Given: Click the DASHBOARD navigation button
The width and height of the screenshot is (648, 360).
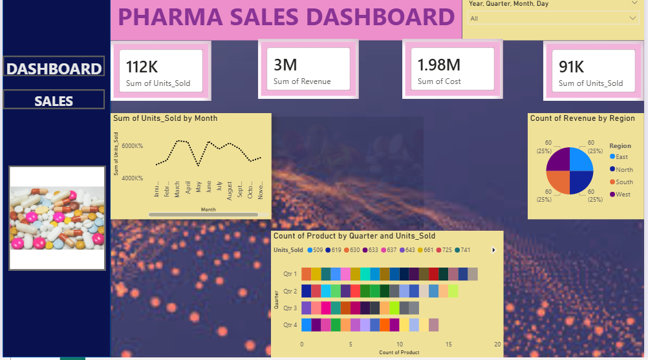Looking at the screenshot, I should click(54, 69).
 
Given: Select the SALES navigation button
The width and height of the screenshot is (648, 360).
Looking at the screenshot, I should click(54, 101).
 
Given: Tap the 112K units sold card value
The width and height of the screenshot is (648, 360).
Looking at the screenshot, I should click(142, 67).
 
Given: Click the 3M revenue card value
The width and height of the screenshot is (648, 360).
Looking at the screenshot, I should click(285, 65).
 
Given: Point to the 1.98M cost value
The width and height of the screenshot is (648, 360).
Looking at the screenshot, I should click(438, 65).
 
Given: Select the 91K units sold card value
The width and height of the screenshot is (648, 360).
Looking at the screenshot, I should click(572, 67).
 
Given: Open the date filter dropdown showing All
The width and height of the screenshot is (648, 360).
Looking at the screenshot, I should click(554, 18).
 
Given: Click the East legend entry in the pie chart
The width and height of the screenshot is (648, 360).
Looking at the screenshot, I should click(621, 156).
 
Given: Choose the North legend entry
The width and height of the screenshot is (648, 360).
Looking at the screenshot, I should click(623, 169).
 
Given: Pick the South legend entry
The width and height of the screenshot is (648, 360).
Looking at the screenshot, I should click(623, 182).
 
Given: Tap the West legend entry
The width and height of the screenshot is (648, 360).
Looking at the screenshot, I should click(622, 194).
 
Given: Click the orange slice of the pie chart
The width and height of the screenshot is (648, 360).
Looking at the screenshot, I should click(559, 182).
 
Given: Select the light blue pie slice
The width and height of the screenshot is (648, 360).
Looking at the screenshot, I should click(581, 160).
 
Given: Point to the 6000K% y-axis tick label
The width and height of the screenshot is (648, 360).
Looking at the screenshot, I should click(133, 146).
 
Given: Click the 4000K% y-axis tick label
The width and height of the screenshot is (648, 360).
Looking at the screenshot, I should click(133, 178).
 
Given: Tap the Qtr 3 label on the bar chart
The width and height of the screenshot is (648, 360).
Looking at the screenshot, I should click(290, 308).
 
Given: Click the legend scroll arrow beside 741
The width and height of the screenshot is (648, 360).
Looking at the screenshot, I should click(493, 249).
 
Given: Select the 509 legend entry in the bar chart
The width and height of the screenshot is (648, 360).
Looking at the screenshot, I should click(315, 249).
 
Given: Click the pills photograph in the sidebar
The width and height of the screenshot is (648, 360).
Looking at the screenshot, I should click(57, 218).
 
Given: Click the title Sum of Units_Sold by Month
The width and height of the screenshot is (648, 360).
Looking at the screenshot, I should click(165, 118).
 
